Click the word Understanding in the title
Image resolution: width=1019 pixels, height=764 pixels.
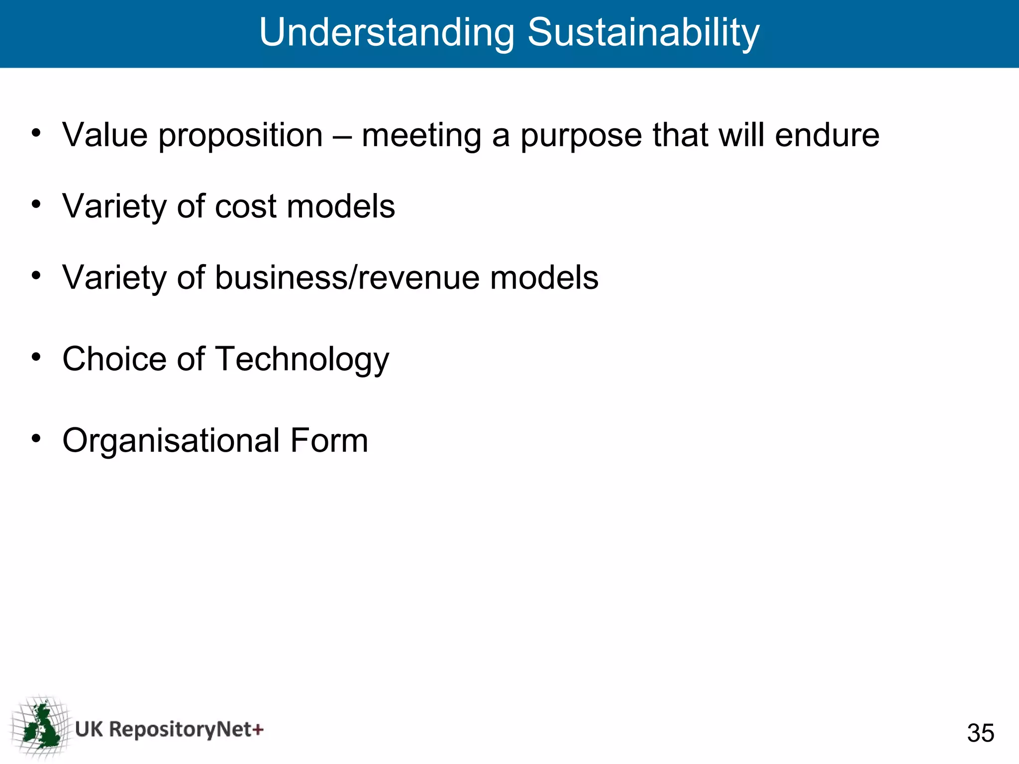pyautogui.click(x=387, y=33)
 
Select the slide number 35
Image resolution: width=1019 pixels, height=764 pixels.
pyautogui.click(x=980, y=733)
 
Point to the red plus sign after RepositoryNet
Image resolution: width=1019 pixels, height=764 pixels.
pyautogui.click(x=258, y=730)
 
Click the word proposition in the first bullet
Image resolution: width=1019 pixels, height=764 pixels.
pyautogui.click(x=240, y=136)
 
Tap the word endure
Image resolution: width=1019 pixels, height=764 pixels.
pyautogui.click(x=827, y=135)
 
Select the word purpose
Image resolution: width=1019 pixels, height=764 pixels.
pyautogui.click(x=581, y=136)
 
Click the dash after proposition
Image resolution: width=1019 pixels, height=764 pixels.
pyautogui.click(x=342, y=136)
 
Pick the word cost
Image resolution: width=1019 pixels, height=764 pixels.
pyautogui.click(x=245, y=206)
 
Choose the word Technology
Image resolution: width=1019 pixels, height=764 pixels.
pyautogui.click(x=302, y=360)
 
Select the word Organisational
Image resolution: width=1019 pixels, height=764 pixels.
pyautogui.click(x=171, y=441)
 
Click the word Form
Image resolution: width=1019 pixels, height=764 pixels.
pyautogui.click(x=329, y=441)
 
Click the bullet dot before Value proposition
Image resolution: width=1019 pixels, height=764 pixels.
pyautogui.click(x=36, y=133)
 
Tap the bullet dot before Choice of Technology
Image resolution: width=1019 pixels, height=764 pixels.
pyautogui.click(x=36, y=357)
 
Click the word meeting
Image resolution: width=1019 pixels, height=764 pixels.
pyautogui.click(x=421, y=136)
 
